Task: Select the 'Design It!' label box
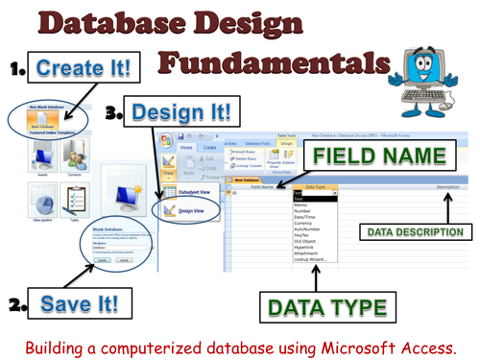[x=180, y=113]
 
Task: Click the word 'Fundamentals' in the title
[x=272, y=62]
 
